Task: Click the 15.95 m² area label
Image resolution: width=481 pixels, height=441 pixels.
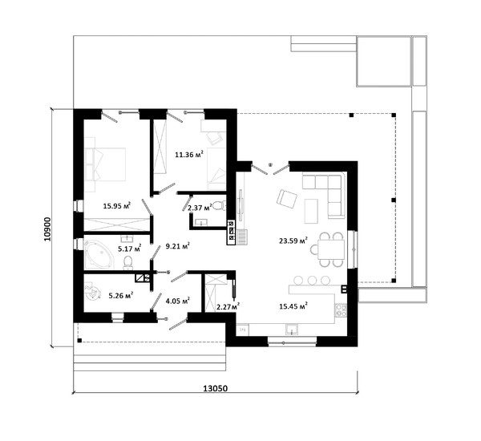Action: point(117,205)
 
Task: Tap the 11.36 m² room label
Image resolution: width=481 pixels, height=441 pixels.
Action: point(189,154)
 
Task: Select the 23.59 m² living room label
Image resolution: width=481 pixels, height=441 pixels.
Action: point(293,241)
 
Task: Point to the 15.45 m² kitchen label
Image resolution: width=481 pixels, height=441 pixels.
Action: point(293,305)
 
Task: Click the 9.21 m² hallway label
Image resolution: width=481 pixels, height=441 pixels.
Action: point(177,246)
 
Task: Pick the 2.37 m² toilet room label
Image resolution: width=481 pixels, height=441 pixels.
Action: point(200,208)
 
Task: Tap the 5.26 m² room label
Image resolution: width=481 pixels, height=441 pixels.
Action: point(121,296)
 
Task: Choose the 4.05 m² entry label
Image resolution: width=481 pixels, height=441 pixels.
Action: point(178,301)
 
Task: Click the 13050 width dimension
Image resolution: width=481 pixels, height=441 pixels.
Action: point(216,388)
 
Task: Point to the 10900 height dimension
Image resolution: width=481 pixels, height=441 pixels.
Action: point(47,229)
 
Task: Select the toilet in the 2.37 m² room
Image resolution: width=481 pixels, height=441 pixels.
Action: point(219,205)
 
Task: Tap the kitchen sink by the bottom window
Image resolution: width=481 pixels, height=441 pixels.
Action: point(292,330)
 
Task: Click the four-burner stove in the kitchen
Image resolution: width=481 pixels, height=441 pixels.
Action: point(341,310)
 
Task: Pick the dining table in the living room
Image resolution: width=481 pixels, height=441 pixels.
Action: point(330,249)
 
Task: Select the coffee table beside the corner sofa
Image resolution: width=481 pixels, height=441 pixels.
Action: point(311,211)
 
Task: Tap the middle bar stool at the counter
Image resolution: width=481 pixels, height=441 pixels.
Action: point(313,280)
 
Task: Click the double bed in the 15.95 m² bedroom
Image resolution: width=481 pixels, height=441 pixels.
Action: point(105,165)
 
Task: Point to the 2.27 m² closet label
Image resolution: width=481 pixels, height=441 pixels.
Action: point(228,306)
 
